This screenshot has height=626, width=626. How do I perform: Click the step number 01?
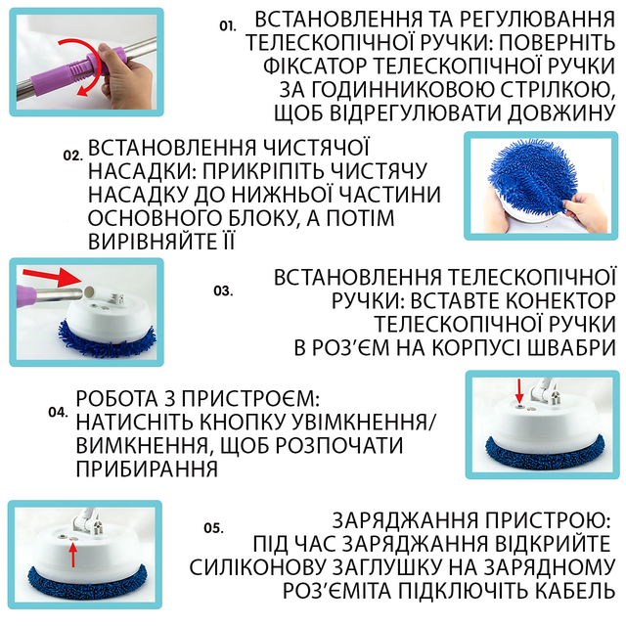click(x=228, y=26)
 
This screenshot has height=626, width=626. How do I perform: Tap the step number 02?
click(x=72, y=156)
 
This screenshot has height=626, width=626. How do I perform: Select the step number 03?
click(x=223, y=291)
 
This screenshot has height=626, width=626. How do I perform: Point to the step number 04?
click(x=59, y=412)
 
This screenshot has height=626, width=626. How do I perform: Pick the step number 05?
click(x=213, y=528)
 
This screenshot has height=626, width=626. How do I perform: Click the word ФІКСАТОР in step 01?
click(x=315, y=66)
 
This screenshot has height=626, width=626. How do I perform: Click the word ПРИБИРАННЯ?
click(x=147, y=469)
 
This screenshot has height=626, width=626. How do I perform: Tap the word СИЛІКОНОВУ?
click(x=258, y=567)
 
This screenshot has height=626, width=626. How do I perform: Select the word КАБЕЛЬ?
click(x=573, y=591)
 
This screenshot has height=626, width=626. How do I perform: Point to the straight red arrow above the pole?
click(x=52, y=278)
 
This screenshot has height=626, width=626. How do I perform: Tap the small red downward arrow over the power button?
click(x=519, y=391)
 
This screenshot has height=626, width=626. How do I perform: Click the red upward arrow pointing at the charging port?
click(x=72, y=555)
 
